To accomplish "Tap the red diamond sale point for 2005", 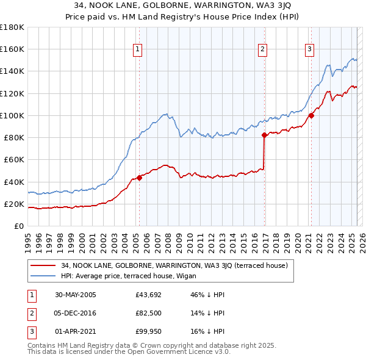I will tap(139, 178).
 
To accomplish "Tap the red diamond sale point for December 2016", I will tap(264, 135).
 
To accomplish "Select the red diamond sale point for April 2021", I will tap(310, 115).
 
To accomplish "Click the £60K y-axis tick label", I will tap(13, 159).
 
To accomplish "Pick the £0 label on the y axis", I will tap(18, 226).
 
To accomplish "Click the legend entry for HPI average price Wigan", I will tap(117, 276).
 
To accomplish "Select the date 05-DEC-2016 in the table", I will tap(76, 313).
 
